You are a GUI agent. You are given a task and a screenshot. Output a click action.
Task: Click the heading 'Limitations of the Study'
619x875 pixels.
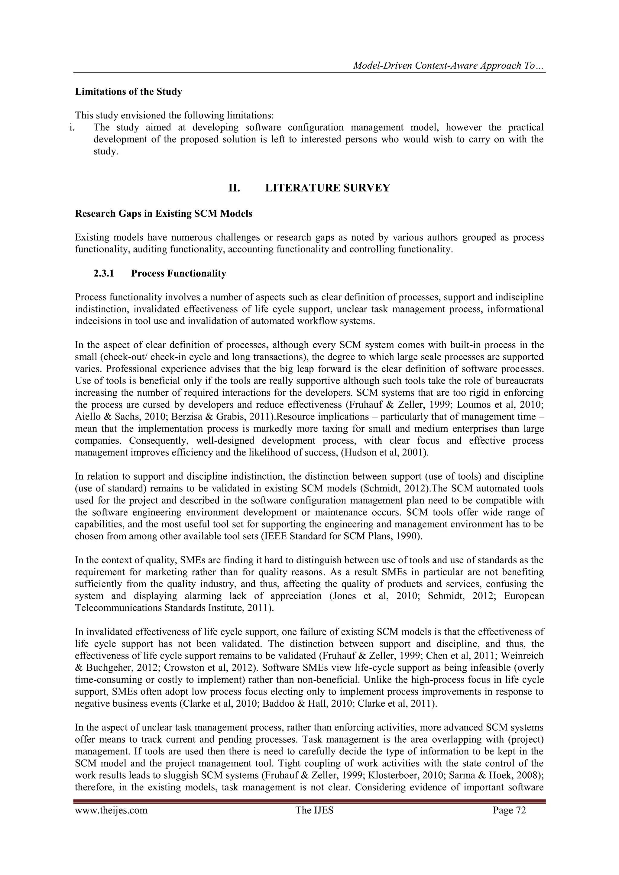[128, 92]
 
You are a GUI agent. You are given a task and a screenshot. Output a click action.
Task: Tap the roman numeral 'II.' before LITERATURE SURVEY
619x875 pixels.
[234, 188]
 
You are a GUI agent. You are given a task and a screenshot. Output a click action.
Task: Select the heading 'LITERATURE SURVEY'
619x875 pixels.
[327, 188]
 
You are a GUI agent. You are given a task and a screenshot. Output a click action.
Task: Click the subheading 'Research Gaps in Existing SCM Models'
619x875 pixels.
[164, 214]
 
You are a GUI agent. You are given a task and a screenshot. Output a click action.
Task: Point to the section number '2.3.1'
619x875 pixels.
[104, 274]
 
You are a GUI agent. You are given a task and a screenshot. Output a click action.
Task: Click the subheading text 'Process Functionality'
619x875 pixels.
[178, 274]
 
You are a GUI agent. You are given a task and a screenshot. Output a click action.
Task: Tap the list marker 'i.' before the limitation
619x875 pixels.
[71, 127]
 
